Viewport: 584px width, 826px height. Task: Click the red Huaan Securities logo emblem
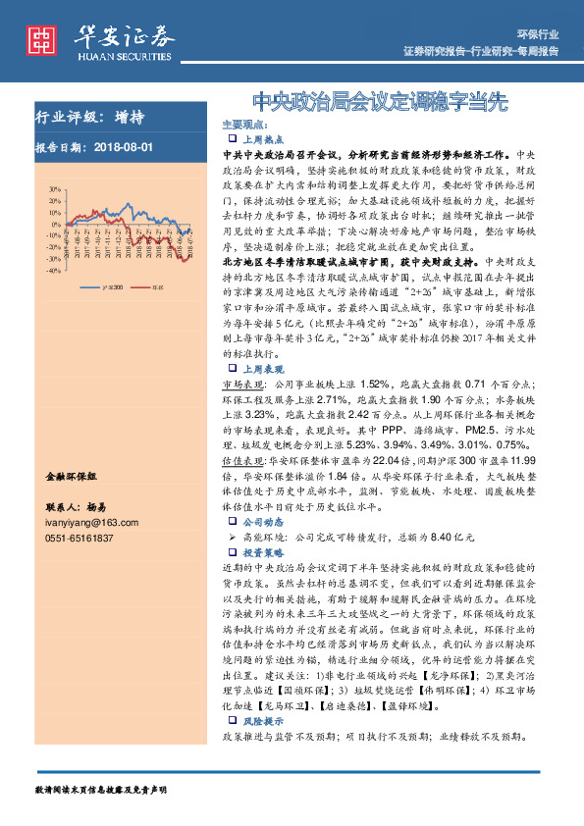point(40,38)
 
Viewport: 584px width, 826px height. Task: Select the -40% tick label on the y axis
point(40,273)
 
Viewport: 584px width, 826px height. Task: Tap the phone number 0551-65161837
point(80,539)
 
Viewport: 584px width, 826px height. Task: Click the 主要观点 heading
point(243,127)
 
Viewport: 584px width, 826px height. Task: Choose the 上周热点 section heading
point(260,140)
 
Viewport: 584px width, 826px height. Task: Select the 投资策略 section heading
point(260,552)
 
